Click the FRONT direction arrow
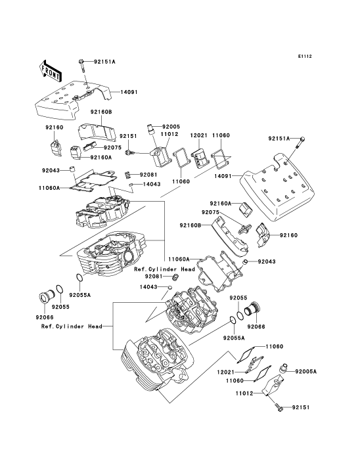click(x=51, y=71)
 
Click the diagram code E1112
click(x=305, y=56)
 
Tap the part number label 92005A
click(x=306, y=372)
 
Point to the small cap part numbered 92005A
click(x=283, y=369)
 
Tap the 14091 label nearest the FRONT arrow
click(x=129, y=91)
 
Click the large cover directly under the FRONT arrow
click(x=72, y=102)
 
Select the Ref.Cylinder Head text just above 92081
click(x=165, y=269)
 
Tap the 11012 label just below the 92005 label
click(x=169, y=134)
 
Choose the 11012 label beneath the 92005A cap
click(x=244, y=393)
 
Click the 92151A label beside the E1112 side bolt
click(x=279, y=139)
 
